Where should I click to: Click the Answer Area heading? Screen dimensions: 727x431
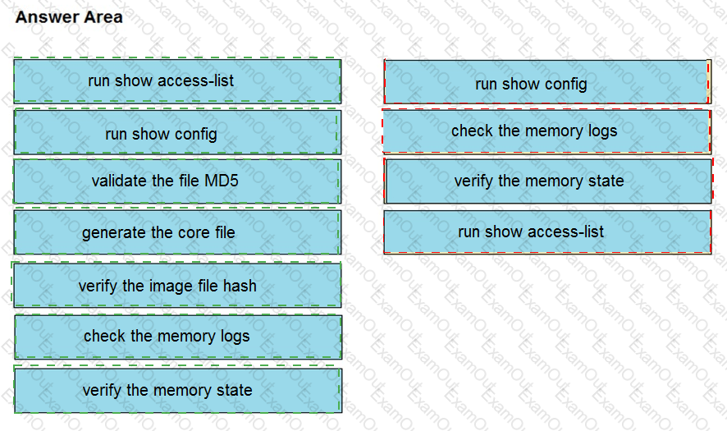coord(69,17)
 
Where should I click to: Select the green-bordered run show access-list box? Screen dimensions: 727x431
coord(177,80)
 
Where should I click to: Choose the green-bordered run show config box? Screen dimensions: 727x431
coord(177,132)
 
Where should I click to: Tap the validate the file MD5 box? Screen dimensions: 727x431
coord(177,181)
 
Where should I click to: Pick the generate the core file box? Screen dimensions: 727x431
coord(177,232)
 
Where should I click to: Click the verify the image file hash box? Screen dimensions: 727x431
coord(177,285)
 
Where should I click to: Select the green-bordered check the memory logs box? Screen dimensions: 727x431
coord(178,337)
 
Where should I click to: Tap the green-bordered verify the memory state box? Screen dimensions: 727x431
coord(178,390)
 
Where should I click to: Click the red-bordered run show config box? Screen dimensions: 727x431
coord(547,81)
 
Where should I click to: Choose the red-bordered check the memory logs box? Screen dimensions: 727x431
coord(546,131)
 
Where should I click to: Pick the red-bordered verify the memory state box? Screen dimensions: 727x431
coord(548,181)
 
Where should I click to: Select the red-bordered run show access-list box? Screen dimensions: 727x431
coord(547,232)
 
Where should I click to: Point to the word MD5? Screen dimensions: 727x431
coord(222,181)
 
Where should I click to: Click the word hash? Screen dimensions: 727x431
coord(240,286)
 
